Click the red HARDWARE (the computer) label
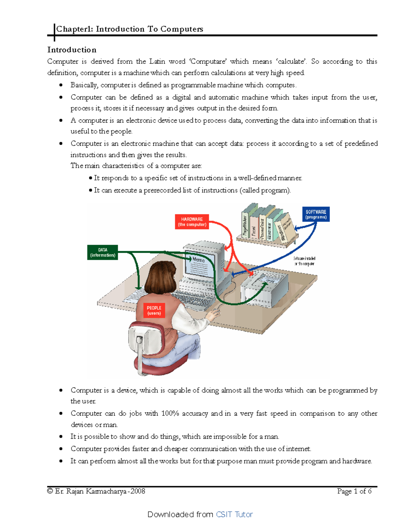pyautogui.click(x=192, y=222)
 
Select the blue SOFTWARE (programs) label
pyautogui.click(x=316, y=214)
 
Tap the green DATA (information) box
pyautogui.click(x=103, y=252)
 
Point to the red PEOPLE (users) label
pyautogui.click(x=154, y=310)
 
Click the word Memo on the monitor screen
pyautogui.click(x=198, y=259)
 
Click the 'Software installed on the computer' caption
pyautogui.click(x=304, y=261)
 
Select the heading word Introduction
pyautogui.click(x=72, y=50)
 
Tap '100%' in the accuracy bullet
pyautogui.click(x=170, y=413)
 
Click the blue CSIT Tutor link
pyautogui.click(x=234, y=514)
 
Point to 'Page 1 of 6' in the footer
pyautogui.click(x=354, y=491)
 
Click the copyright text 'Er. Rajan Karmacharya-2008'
pyautogui.click(x=100, y=491)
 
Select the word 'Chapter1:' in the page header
pyautogui.click(x=75, y=29)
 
